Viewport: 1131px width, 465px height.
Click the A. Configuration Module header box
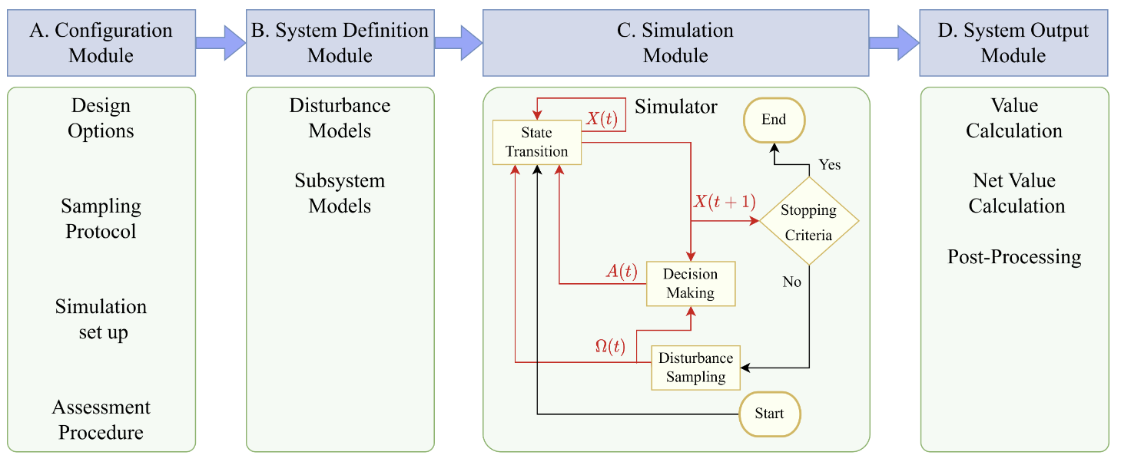[x=101, y=43]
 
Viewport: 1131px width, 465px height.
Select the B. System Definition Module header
[x=340, y=43]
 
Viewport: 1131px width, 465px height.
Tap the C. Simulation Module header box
[x=675, y=43]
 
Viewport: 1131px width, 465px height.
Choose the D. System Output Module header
[x=1013, y=43]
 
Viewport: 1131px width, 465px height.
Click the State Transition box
[x=536, y=142]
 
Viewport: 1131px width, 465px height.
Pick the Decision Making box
[x=691, y=283]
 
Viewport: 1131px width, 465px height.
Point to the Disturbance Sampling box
[x=695, y=368]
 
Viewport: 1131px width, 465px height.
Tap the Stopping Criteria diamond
[x=808, y=222]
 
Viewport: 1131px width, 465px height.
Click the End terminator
[x=774, y=120]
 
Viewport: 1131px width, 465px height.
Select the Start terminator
[x=769, y=414]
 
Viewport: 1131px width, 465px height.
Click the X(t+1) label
[x=725, y=203]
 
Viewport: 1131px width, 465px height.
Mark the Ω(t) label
[x=611, y=346]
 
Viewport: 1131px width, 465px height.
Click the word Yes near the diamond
[x=830, y=165]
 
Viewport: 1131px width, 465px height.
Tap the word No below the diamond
[x=791, y=282]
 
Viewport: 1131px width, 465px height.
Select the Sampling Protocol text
[x=101, y=219]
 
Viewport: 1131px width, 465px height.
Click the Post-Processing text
[x=1014, y=257]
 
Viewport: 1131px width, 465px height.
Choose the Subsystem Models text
[x=340, y=193]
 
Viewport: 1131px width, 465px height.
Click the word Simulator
[x=675, y=107]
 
